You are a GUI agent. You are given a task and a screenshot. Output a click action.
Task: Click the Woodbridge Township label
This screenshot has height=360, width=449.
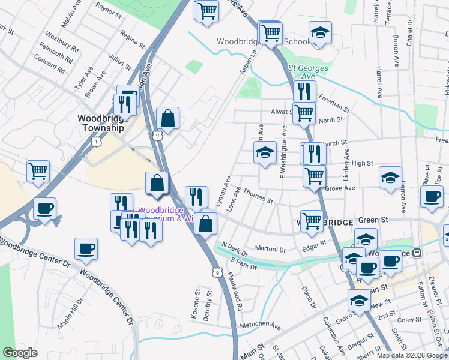(x=101, y=123)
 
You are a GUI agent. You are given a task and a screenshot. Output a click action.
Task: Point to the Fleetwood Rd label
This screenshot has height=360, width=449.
(x=235, y=292)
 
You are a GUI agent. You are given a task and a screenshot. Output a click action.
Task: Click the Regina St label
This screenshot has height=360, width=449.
(x=133, y=40)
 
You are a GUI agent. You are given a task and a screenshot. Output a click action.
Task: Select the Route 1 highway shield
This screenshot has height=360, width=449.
(x=95, y=141)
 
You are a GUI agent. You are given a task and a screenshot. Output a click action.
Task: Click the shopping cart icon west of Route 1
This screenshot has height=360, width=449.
(x=38, y=171)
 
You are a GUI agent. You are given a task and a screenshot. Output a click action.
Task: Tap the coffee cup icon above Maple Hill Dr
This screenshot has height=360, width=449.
(x=86, y=248)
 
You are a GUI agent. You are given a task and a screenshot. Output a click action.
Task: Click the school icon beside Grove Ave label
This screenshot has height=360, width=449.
(x=390, y=178)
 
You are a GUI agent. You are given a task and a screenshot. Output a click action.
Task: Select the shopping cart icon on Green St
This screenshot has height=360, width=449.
(x=311, y=220)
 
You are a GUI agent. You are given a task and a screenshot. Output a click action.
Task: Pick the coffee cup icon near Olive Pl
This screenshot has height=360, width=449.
(x=431, y=197)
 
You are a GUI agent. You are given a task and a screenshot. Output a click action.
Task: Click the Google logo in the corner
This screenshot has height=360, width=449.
(x=20, y=353)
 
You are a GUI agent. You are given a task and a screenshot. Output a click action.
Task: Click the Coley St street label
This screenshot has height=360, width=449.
(x=409, y=320)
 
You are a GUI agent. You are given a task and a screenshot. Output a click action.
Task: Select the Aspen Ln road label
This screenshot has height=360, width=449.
(x=249, y=62)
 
